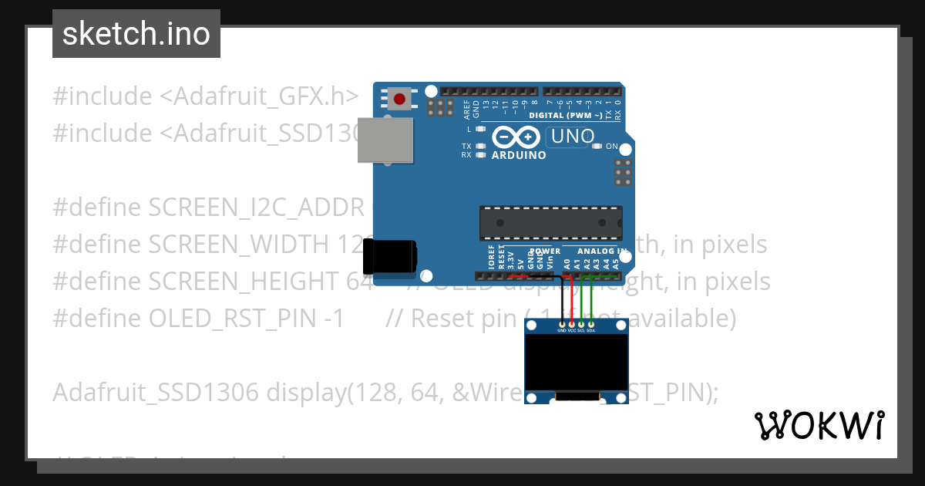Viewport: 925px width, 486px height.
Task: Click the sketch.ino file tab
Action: [136, 34]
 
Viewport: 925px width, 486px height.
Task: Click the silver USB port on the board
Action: [385, 140]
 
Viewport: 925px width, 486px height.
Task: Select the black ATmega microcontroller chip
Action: [550, 222]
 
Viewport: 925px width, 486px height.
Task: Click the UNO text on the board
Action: [571, 137]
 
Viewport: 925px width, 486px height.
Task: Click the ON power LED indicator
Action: [597, 146]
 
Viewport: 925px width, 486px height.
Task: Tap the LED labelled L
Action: [480, 129]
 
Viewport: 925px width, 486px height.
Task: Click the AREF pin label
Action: [467, 109]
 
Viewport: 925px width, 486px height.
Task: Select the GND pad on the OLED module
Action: [562, 324]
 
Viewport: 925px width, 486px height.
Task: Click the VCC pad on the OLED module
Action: [571, 324]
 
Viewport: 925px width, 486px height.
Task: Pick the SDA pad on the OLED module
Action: [590, 324]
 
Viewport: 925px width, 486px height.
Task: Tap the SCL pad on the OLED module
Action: [581, 324]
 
